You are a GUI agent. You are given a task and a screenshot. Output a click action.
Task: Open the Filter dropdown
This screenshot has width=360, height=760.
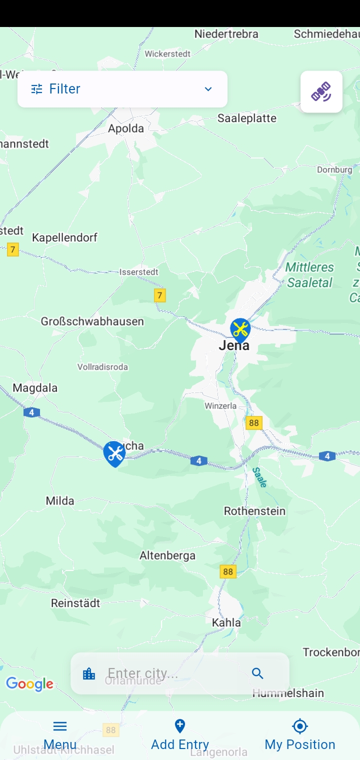(x=122, y=89)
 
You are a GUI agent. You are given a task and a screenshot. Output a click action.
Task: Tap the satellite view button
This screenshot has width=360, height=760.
(x=321, y=91)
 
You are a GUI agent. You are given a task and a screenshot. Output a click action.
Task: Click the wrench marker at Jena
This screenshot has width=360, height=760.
(x=240, y=329)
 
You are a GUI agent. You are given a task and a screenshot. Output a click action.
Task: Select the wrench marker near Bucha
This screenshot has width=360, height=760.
(x=114, y=453)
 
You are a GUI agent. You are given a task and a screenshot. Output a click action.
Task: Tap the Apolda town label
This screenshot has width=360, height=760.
(x=126, y=128)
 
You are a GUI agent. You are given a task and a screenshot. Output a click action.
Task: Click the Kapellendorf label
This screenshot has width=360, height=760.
(x=64, y=237)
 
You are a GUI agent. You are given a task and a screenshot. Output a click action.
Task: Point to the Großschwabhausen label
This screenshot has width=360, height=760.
(x=92, y=321)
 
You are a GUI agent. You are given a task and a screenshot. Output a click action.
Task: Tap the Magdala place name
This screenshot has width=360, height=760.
(x=35, y=388)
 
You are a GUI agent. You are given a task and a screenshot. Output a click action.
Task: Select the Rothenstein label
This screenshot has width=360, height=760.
(x=254, y=511)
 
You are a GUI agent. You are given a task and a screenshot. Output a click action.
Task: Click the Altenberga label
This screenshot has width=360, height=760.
(x=167, y=555)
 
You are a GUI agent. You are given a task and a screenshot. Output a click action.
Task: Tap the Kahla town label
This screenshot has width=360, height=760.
(x=226, y=622)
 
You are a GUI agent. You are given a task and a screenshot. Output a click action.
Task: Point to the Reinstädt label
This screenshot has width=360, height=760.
(x=75, y=603)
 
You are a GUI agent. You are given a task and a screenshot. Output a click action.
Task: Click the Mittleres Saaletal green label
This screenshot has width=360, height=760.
(x=309, y=275)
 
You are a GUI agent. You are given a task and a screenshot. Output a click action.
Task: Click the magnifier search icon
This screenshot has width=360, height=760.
(x=257, y=673)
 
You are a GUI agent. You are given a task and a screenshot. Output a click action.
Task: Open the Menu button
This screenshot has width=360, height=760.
(x=60, y=735)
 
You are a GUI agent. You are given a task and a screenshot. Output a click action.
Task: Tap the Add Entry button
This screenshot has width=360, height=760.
(x=180, y=735)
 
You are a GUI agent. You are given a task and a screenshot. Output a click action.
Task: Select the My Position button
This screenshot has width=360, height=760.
(x=300, y=735)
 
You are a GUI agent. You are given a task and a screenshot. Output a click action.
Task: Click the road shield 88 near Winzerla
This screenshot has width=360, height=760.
(x=254, y=423)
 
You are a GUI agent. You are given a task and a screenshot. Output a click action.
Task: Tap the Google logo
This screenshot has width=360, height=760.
(x=29, y=684)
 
